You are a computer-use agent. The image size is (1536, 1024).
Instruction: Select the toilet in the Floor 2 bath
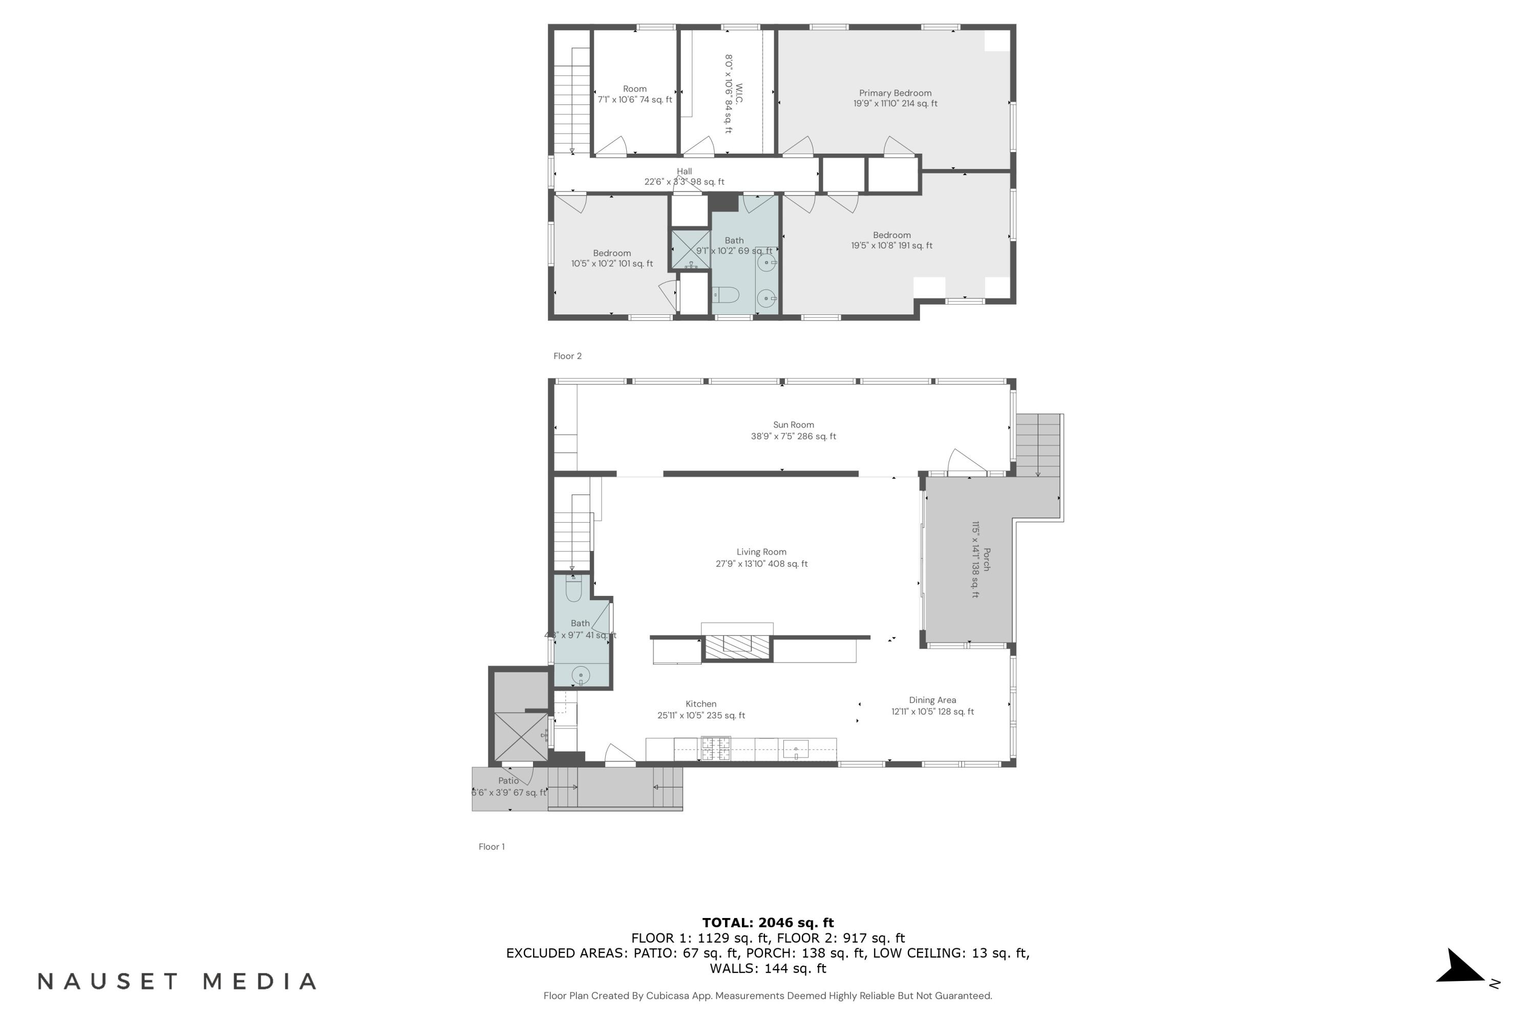[726, 296]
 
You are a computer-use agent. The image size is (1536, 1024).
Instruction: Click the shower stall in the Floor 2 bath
[691, 249]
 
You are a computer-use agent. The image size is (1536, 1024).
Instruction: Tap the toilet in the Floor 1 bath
[573, 589]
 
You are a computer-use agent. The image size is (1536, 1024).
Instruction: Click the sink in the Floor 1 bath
[581, 675]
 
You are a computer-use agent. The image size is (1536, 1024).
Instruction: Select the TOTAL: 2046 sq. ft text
[767, 923]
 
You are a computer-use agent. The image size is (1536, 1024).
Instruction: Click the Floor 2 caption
[567, 356]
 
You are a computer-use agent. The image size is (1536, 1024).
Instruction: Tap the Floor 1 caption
[491, 846]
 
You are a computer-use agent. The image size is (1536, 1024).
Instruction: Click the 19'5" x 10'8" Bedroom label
[891, 240]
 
